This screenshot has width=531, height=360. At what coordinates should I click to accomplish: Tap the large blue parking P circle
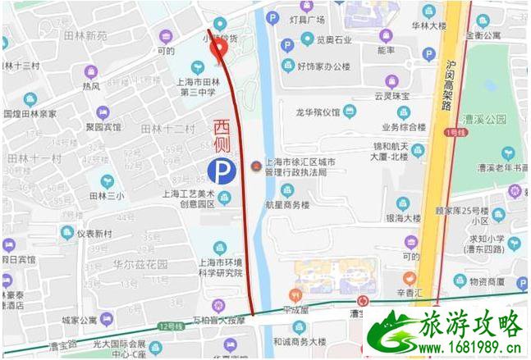coord(219,171)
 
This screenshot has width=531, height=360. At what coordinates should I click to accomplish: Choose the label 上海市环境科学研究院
coord(221,267)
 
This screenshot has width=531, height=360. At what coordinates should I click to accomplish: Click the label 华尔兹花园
coord(140,264)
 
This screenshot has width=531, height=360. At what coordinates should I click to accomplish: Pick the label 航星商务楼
coord(286,204)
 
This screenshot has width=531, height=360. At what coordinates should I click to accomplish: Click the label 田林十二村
coord(167,129)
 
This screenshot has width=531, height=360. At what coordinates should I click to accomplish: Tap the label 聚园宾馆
coord(102,127)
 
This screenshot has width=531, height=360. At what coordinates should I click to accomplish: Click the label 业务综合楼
coord(404,128)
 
